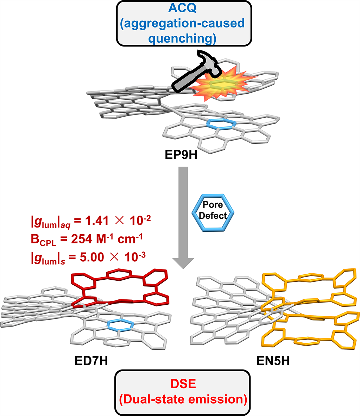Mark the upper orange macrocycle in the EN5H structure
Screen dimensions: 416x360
click(310, 282)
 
